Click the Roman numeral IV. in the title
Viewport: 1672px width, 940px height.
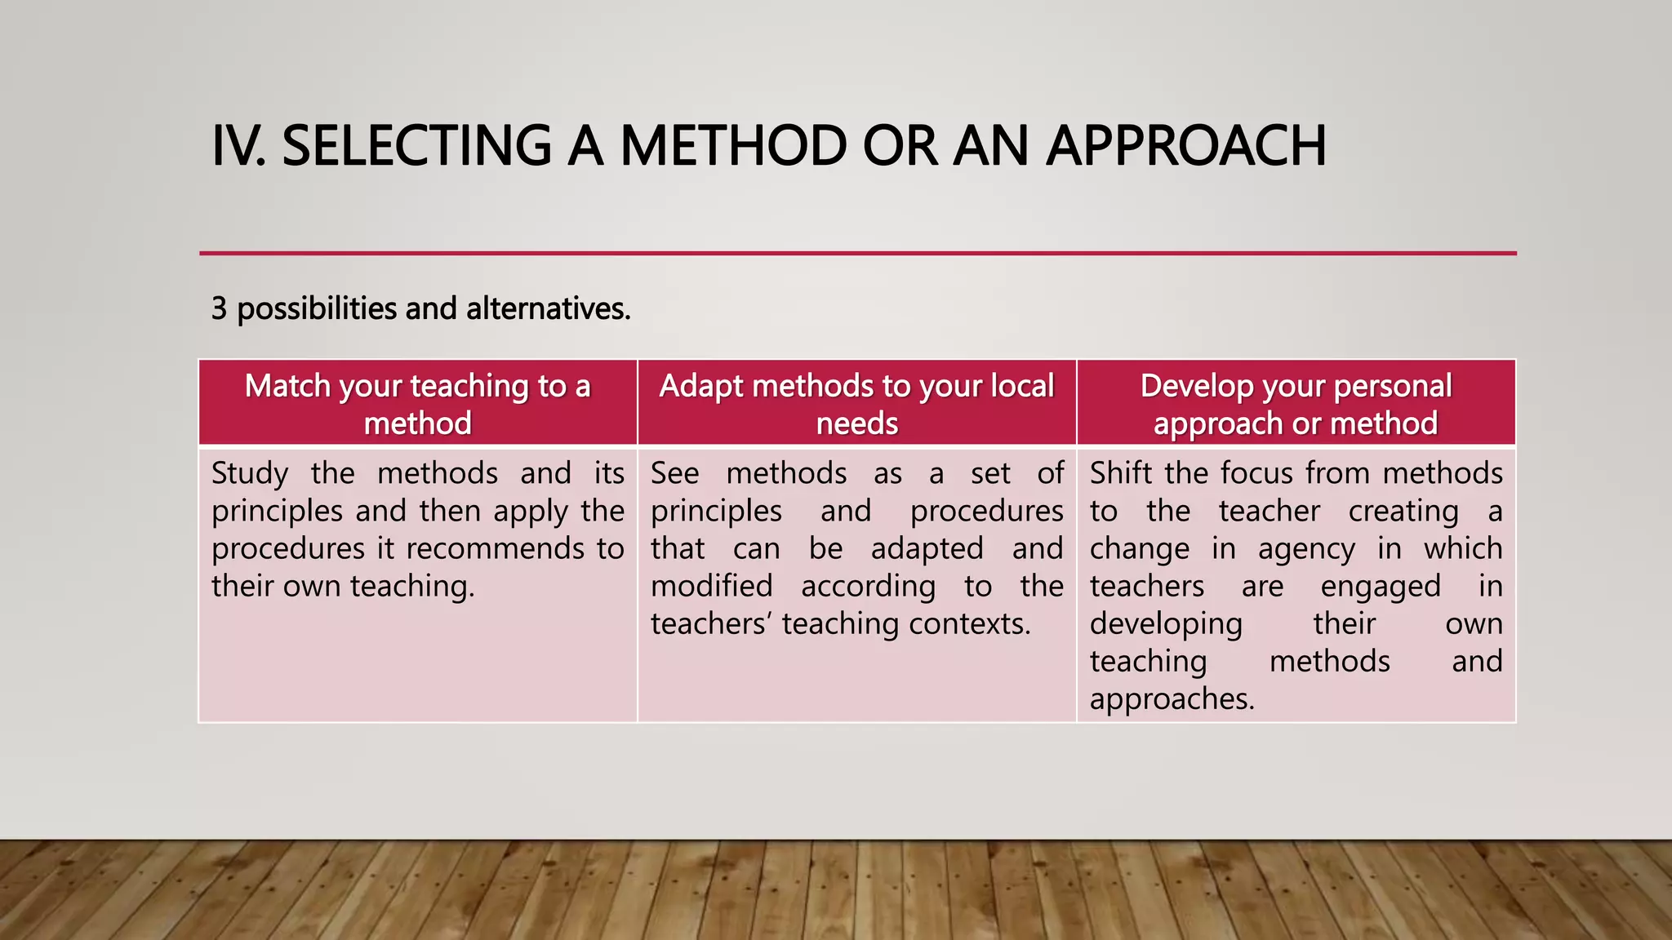coord(238,146)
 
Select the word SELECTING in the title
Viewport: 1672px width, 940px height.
coord(416,146)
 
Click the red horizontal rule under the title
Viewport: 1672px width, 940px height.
coord(857,254)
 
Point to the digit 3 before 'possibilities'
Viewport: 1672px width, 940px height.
coord(219,308)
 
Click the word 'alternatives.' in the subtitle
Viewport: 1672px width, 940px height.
coord(548,308)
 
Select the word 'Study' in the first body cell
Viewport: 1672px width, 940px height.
coord(250,473)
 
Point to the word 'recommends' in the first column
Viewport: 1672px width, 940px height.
coord(496,548)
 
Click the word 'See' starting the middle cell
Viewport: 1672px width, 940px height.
coord(674,473)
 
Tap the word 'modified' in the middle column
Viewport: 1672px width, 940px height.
coord(711,586)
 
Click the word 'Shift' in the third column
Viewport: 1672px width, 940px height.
coord(1122,473)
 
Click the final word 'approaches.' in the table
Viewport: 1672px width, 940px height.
coord(1172,698)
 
